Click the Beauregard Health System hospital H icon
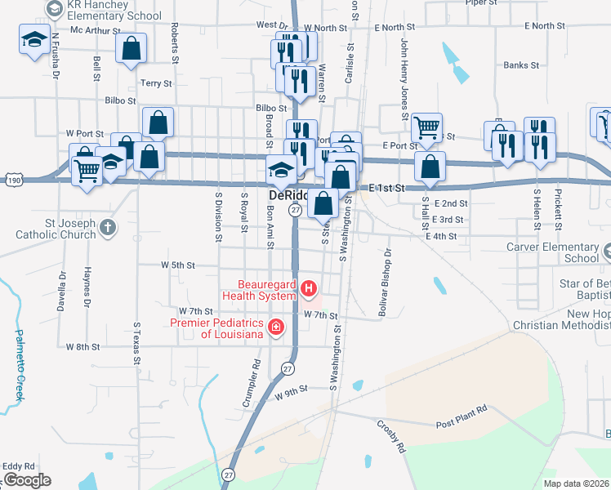click(309, 287)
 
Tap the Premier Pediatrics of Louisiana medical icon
click(276, 327)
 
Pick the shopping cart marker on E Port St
click(426, 128)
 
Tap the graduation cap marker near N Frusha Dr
click(34, 40)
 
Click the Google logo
click(27, 480)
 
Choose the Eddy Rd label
click(18, 466)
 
